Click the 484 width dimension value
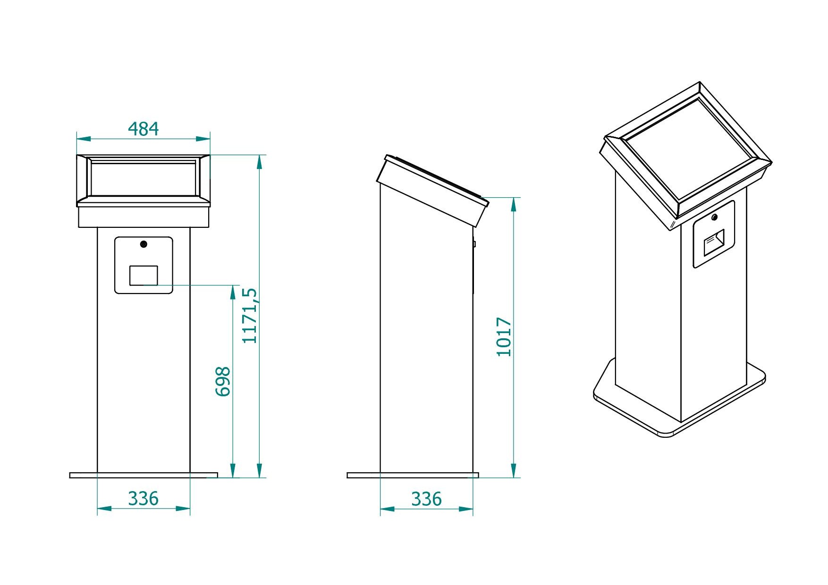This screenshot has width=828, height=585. click(144, 129)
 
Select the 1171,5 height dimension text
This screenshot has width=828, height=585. click(250, 315)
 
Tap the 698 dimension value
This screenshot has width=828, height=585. click(223, 381)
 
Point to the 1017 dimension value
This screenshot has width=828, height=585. click(504, 337)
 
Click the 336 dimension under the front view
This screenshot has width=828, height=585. click(144, 498)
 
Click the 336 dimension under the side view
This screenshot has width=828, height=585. click(426, 499)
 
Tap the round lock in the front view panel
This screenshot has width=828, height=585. click(144, 244)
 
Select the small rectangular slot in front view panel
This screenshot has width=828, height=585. click(144, 276)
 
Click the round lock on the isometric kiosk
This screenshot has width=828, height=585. click(714, 217)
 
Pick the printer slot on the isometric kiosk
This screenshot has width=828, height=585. click(714, 242)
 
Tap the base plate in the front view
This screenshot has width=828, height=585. click(144, 475)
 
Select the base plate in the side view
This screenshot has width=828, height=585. click(413, 475)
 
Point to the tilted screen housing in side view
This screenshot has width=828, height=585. click(432, 191)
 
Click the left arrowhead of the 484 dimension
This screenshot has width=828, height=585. click(83, 139)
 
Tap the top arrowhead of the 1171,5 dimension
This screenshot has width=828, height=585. click(259, 161)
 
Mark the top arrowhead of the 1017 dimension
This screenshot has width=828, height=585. click(514, 204)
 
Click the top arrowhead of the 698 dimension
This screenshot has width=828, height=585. click(232, 292)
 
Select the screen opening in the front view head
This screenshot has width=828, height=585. click(144, 179)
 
